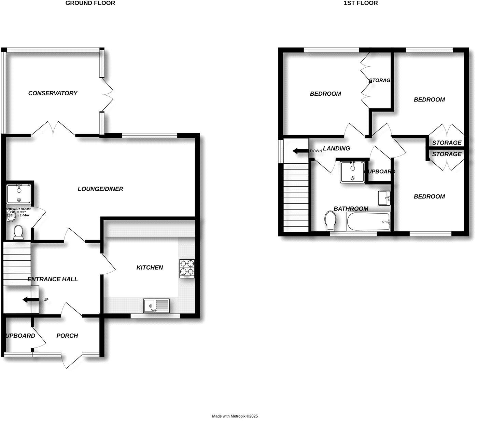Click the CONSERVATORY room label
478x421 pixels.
53,93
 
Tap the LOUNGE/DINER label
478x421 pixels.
100,189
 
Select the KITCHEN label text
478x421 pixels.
150,267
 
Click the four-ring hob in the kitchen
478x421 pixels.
187,268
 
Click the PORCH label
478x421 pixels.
67,336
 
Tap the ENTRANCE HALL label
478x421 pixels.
53,279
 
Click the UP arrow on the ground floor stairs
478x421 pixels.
30,300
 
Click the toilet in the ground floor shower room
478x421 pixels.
18,232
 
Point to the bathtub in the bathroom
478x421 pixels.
368,221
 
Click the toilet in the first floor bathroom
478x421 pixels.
330,220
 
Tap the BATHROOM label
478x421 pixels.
351,209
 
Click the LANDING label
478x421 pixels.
336,148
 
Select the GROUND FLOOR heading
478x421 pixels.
90,3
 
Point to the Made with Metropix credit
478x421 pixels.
235,416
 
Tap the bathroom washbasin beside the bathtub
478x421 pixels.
384,198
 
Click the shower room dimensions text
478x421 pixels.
18,214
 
